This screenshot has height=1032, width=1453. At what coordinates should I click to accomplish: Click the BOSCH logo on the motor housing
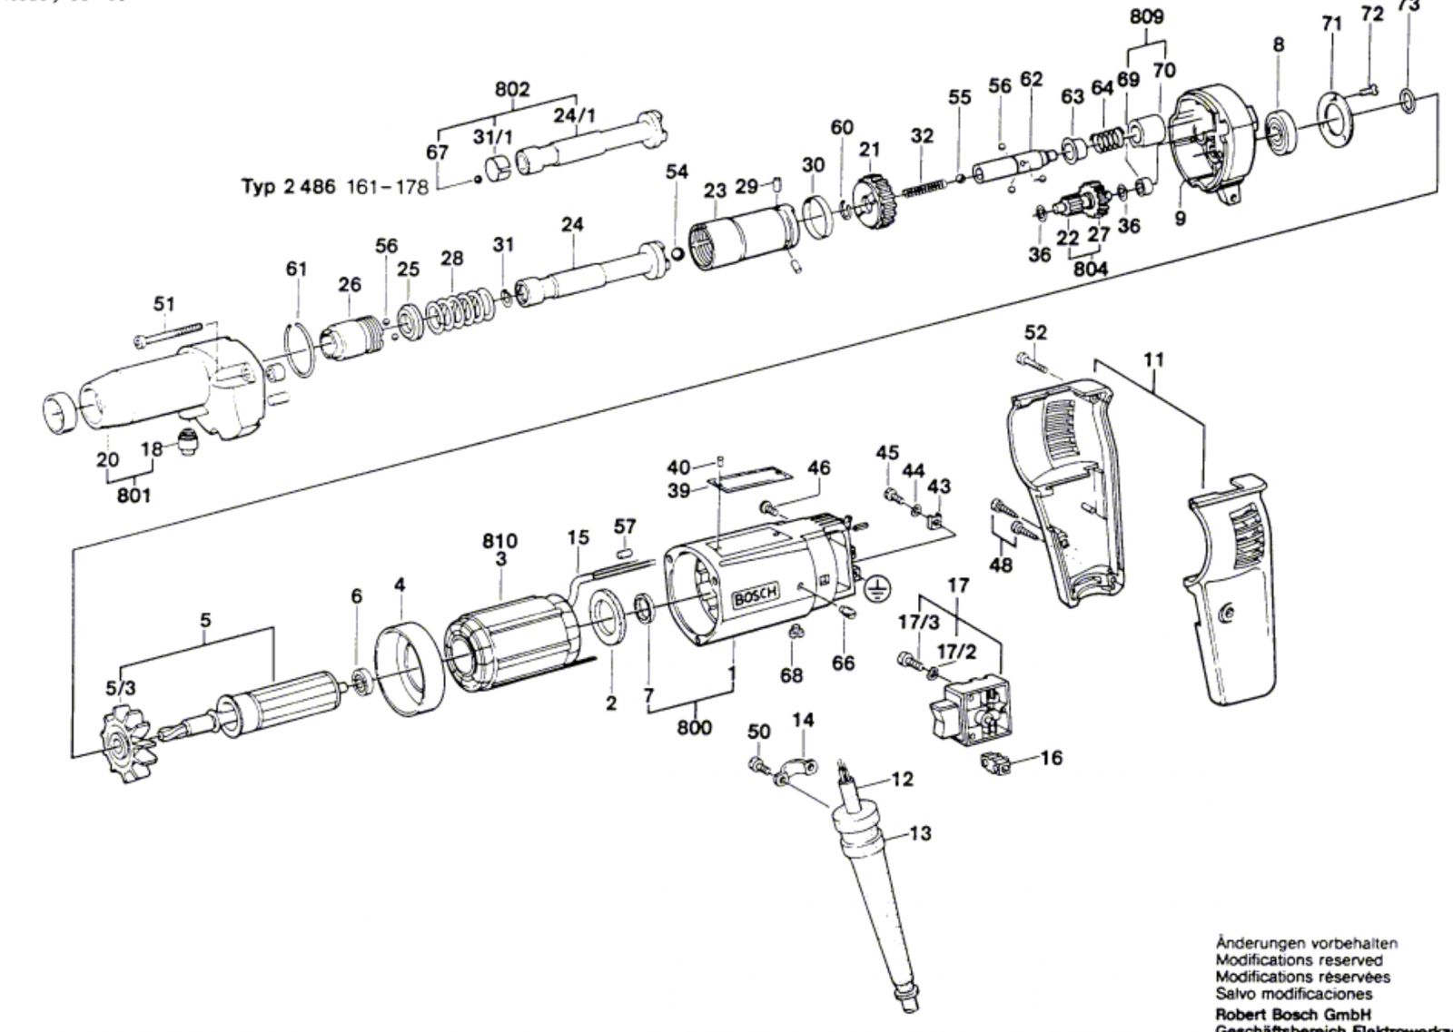[756, 598]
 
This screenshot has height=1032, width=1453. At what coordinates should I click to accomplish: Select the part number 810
[499, 542]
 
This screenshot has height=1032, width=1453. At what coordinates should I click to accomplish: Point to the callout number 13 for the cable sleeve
[920, 832]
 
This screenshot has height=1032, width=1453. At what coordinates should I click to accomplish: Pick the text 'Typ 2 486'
[289, 187]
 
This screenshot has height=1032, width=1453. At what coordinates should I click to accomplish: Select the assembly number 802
[512, 90]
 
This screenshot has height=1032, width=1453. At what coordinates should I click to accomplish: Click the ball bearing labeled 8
[1279, 124]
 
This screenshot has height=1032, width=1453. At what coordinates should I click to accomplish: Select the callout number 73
[1409, 5]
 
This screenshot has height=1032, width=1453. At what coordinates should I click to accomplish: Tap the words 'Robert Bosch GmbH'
[1293, 1015]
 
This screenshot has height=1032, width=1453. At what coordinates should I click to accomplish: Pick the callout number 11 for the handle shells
[1153, 359]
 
